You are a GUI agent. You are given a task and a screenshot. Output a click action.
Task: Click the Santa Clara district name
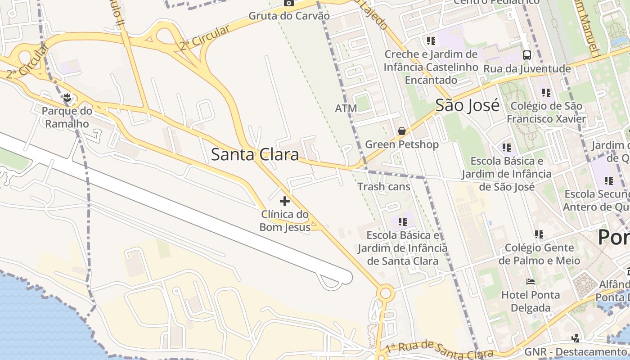(255, 155)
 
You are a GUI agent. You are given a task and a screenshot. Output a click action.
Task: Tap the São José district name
(467, 106)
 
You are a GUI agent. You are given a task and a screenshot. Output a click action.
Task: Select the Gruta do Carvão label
(289, 16)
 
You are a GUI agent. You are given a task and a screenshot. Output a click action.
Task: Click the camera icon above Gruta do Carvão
(289, 3)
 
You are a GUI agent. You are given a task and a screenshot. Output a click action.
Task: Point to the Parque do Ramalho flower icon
(67, 97)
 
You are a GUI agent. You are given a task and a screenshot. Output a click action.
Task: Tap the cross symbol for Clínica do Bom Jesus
(285, 201)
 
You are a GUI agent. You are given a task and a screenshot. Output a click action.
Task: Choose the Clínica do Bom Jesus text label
(285, 220)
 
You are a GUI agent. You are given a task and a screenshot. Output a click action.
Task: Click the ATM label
(346, 108)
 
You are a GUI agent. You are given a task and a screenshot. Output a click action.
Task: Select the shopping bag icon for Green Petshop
(401, 131)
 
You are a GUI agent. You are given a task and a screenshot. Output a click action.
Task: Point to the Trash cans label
(384, 186)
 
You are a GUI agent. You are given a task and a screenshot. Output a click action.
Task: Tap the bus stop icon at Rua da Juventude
(526, 55)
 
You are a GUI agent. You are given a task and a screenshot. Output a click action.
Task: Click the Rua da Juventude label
(527, 69)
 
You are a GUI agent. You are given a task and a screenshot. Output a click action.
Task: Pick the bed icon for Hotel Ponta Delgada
(531, 282)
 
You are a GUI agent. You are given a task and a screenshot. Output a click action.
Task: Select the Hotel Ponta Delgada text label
(531, 301)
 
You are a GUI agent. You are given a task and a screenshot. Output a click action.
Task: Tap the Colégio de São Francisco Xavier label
(546, 112)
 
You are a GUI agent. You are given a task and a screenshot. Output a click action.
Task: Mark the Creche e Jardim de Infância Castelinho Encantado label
(431, 67)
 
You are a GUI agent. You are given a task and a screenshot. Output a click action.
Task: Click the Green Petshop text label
(401, 144)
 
